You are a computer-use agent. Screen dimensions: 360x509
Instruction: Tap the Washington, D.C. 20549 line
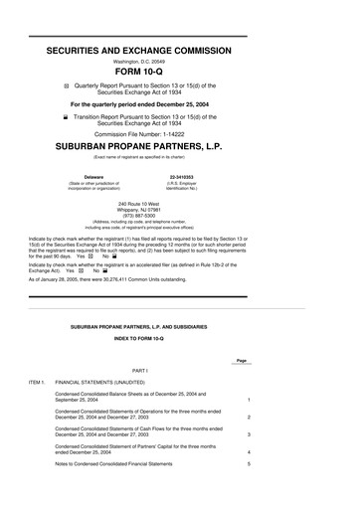tap(180, 57)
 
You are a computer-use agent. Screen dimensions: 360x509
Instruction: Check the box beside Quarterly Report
tap(68, 85)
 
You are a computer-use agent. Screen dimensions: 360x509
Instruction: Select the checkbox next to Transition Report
tap(68, 116)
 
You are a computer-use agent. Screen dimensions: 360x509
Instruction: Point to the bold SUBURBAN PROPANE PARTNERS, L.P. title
tap(180, 149)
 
